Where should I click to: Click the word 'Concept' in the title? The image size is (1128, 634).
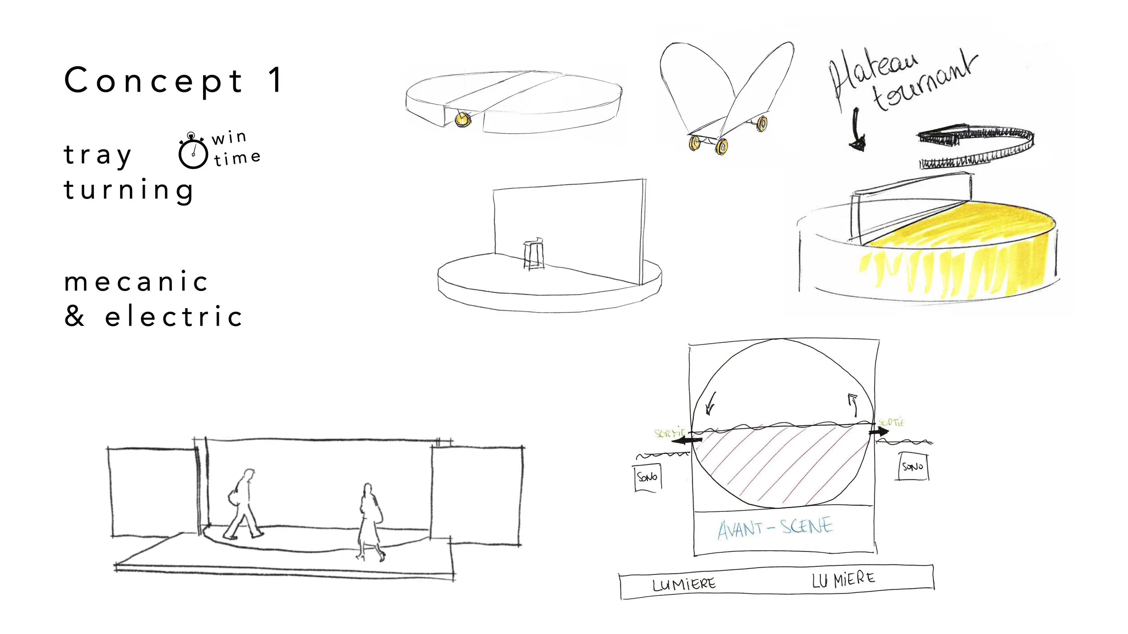(x=153, y=81)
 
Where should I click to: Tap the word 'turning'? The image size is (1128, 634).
(x=129, y=190)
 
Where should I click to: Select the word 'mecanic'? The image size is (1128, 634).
(x=136, y=282)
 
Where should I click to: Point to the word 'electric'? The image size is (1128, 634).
(x=174, y=316)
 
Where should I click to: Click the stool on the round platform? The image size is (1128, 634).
(x=534, y=255)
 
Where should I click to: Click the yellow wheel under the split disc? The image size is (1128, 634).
(x=462, y=119)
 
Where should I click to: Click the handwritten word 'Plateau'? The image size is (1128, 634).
(x=873, y=74)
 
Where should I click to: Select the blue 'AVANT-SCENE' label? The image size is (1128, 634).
(x=775, y=528)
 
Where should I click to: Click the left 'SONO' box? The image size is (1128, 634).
(x=648, y=477)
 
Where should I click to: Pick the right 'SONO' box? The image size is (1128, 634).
(x=913, y=467)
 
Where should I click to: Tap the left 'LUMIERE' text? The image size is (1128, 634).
(x=684, y=585)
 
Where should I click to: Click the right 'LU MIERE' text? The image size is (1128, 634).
(x=843, y=580)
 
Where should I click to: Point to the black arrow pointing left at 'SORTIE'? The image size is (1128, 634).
(x=686, y=440)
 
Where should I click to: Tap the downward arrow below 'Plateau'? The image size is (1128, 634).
(x=856, y=131)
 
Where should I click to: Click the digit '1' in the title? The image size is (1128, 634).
(x=275, y=80)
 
